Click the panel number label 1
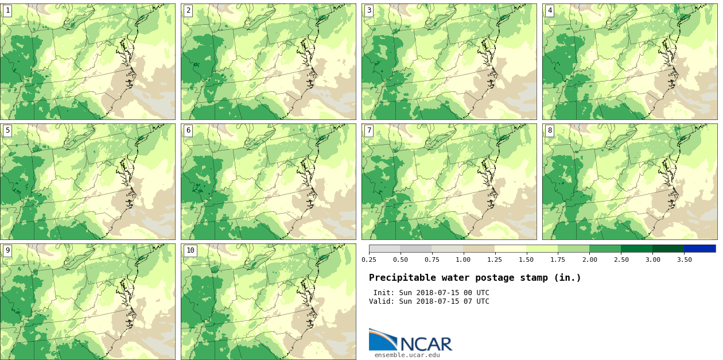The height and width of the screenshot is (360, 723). (7, 10)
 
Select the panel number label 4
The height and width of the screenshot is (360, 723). (550, 10)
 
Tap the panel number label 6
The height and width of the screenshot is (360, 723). (188, 130)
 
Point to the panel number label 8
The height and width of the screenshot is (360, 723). (550, 130)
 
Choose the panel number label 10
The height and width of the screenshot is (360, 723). (190, 250)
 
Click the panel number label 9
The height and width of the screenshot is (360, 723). (7, 250)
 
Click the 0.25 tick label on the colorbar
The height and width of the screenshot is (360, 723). (369, 260)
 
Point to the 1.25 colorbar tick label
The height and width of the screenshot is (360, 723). (495, 260)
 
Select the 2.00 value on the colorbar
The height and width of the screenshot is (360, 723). (589, 260)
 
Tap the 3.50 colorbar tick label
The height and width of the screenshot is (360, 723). (684, 260)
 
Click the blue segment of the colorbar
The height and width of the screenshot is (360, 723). (699, 249)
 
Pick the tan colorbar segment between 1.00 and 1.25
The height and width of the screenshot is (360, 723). (479, 249)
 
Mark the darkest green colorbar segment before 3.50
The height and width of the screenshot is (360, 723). (668, 249)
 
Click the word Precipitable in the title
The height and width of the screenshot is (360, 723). (402, 278)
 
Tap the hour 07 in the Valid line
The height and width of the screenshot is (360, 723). (468, 301)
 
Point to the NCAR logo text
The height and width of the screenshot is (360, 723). (426, 343)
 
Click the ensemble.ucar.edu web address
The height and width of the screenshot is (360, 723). (407, 355)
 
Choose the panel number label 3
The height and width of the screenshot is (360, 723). (369, 10)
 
